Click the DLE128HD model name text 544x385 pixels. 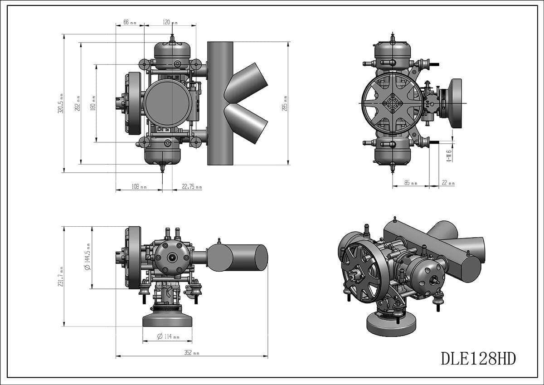coord(478,359)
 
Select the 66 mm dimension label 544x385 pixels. coord(129,22)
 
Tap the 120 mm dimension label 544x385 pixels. coord(170,22)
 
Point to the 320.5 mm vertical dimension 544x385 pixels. coord(60,103)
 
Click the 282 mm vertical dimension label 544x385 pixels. coord(78,104)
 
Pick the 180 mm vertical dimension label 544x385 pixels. coord(93,103)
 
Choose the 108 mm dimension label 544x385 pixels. coord(139,187)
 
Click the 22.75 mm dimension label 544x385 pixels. coord(192,187)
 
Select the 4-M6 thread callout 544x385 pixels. coord(449,156)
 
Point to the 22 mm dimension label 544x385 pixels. coord(447,183)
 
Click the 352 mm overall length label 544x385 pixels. coord(191,353)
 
